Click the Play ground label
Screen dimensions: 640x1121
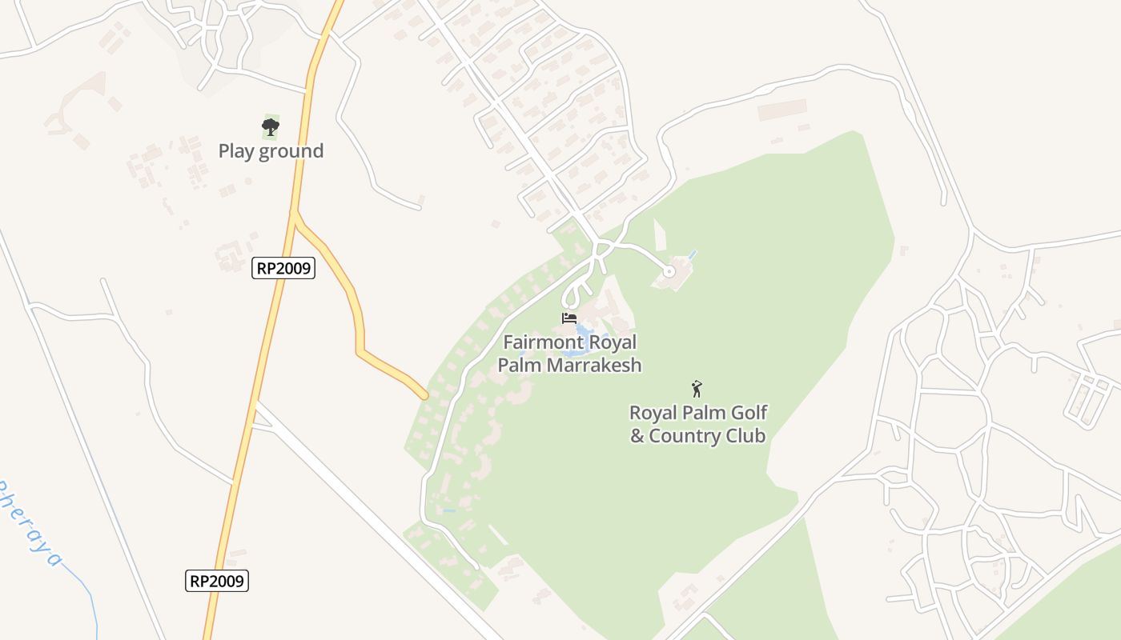(271, 151)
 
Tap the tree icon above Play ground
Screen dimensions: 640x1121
(271, 126)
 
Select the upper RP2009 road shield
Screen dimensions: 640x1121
(283, 268)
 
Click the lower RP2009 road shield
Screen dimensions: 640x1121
(217, 580)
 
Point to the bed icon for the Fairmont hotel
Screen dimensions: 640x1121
(569, 318)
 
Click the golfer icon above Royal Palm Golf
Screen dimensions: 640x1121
(697, 390)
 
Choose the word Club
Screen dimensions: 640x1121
(746, 436)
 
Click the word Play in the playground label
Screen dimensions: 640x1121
(235, 151)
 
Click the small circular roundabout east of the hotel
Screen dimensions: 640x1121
(669, 272)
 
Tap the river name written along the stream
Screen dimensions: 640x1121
(28, 520)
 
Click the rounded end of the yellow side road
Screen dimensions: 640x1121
(424, 395)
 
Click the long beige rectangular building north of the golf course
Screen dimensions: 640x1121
(781, 110)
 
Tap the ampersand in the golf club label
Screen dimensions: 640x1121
(637, 436)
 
